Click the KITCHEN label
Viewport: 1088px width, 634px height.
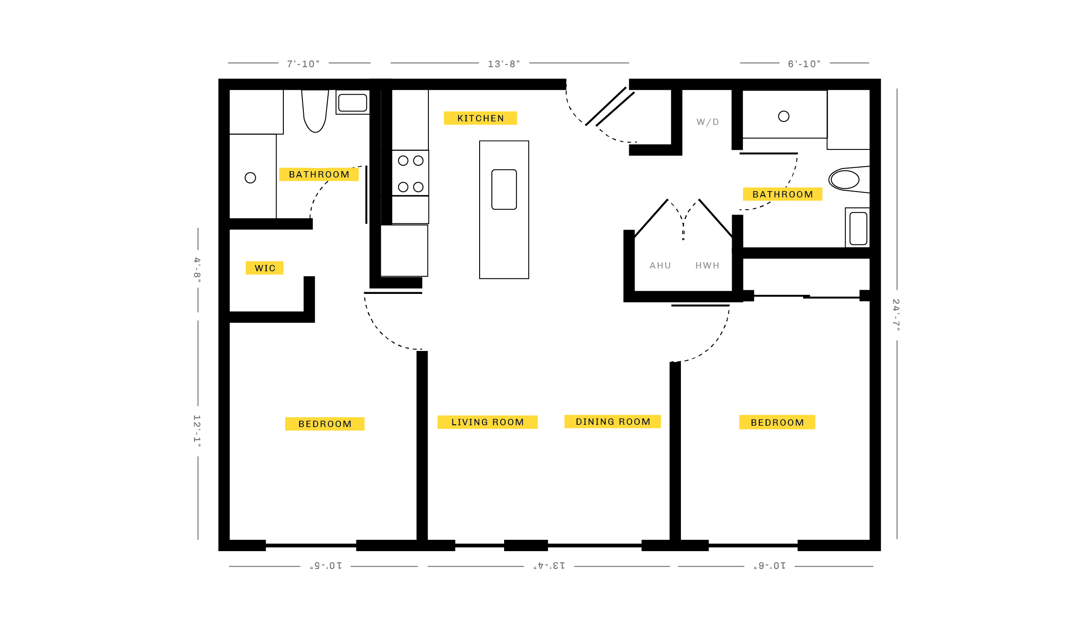pos(481,118)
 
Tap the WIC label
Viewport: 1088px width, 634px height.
pos(265,268)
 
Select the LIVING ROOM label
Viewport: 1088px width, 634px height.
pos(488,422)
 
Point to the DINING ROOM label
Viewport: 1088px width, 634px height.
pos(613,422)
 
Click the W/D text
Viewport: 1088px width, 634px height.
pos(708,122)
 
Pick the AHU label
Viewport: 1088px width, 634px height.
pos(660,265)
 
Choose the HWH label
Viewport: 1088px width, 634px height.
pos(707,265)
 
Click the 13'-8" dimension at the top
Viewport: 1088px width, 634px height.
pos(504,64)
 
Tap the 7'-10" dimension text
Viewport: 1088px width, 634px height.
pos(303,64)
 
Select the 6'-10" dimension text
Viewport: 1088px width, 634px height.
pos(804,64)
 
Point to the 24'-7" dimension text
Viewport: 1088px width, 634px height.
pos(896,315)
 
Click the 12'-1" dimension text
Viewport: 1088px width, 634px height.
pos(197,431)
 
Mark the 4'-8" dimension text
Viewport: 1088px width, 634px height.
pos(197,270)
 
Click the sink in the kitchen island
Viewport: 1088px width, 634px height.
pos(504,189)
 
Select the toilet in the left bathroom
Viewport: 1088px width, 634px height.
pos(315,111)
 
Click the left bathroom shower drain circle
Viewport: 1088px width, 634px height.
pos(250,178)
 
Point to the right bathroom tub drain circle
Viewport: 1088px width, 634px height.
pos(784,116)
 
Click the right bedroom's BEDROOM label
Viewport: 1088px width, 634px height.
pos(777,423)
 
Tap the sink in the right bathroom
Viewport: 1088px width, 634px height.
pos(858,229)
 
